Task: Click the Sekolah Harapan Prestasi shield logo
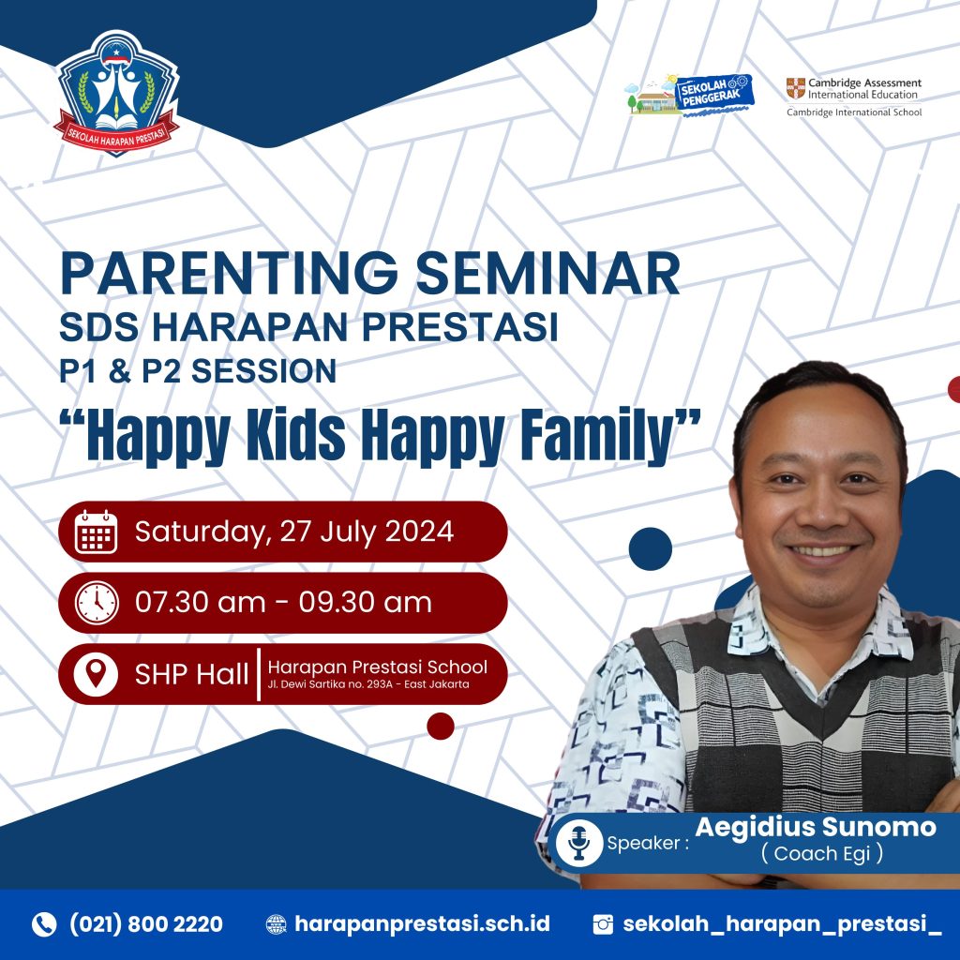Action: coord(116,93)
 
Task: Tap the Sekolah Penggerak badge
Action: coord(690,96)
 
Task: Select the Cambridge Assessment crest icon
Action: coord(795,88)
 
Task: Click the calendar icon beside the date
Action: coord(97,532)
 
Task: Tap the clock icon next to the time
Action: coord(97,603)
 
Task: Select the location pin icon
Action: coord(96,674)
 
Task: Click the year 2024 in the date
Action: coord(419,531)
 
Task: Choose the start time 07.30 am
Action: coord(201,603)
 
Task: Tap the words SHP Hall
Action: coord(191,674)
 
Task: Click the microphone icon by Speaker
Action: coord(578,843)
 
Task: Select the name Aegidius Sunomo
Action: coord(816,827)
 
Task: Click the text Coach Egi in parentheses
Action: coord(821,853)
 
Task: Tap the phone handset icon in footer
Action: coord(44,924)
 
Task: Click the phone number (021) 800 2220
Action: coord(146,924)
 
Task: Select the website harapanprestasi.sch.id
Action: coord(422,924)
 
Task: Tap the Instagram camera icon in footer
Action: coord(603,924)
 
